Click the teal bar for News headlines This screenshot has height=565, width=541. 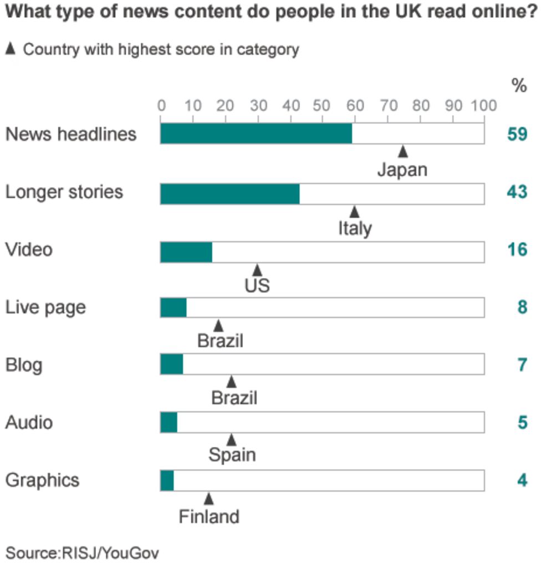pos(256,134)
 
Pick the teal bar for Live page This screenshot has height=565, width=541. pos(173,307)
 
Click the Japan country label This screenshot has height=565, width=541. pos(402,170)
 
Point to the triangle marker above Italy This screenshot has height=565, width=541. pos(355,211)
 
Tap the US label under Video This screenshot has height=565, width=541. pos(257,286)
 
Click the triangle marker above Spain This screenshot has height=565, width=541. pos(232,440)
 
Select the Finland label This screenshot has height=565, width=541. pos(209,517)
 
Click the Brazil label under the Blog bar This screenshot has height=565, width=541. pos(234,398)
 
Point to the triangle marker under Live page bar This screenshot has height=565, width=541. pos(218,325)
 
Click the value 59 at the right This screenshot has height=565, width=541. pos(517,135)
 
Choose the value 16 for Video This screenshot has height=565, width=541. pos(517,250)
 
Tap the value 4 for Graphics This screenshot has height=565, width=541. pos(522,480)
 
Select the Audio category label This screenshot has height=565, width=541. pos(29,423)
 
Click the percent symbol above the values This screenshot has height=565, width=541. pos(519,86)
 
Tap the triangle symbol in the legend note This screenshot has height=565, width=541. pos(10,49)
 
